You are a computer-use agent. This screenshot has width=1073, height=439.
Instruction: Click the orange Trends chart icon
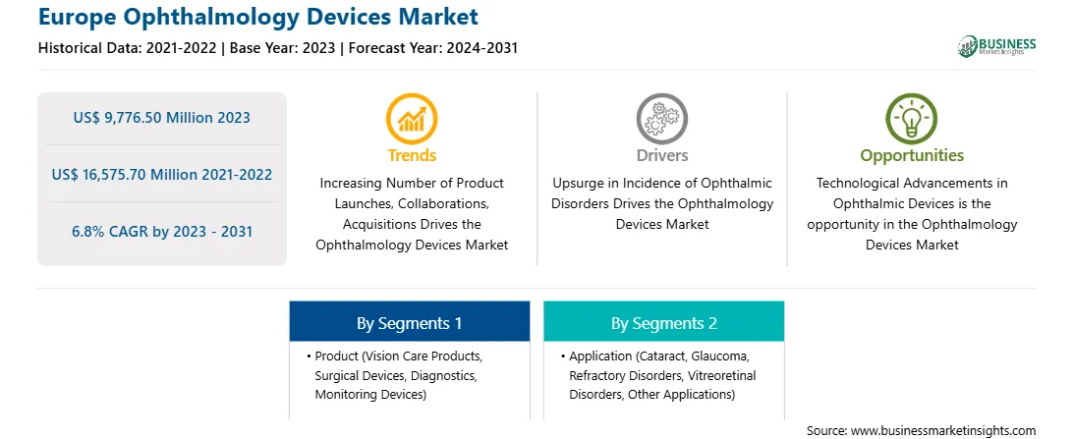point(412,118)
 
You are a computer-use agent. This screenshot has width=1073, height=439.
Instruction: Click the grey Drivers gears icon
point(661,118)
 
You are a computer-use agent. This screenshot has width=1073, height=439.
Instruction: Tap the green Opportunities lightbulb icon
point(912,118)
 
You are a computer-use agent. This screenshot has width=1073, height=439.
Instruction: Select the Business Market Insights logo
point(997,46)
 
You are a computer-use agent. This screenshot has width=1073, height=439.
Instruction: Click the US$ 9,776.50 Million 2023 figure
point(161,118)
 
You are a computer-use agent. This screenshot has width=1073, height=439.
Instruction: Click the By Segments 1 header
point(409,323)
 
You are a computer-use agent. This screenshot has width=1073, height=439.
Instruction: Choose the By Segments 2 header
point(664,323)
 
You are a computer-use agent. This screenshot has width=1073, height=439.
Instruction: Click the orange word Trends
point(412,155)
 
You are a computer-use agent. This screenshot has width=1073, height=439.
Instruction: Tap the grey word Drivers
point(661,155)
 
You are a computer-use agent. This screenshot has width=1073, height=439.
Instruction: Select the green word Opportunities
point(912,156)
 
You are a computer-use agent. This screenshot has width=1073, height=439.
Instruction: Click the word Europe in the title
point(77,17)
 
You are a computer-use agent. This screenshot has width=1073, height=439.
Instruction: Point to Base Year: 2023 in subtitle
point(283,48)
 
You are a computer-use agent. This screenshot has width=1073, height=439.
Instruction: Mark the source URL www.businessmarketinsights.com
point(944,431)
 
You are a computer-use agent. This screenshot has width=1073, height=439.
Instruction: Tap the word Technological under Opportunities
point(857,184)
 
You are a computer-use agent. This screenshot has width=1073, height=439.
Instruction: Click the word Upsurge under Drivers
point(575,184)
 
